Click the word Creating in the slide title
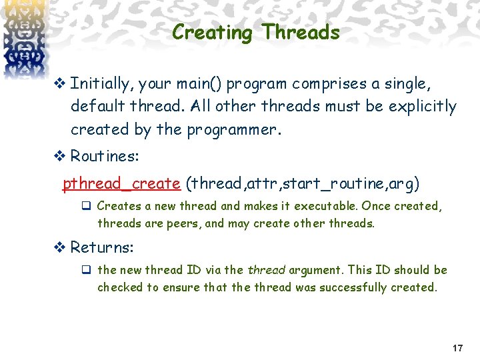213,33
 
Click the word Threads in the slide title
301,32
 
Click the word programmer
235,129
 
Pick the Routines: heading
105,157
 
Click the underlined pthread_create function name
121,183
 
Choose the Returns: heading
102,247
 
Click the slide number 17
457,349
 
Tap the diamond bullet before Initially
58,84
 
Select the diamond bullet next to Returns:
58,247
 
